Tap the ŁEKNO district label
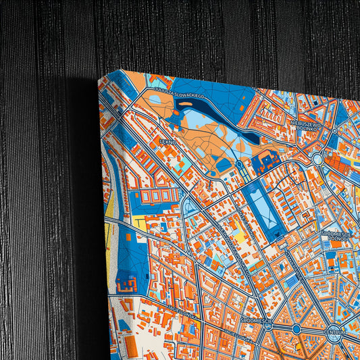(x=167, y=143)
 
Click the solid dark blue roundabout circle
(x=296, y=329)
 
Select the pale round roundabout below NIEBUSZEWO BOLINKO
(x=317, y=159)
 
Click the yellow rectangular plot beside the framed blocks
(x=139, y=220)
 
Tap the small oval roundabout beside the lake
(x=238, y=164)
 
